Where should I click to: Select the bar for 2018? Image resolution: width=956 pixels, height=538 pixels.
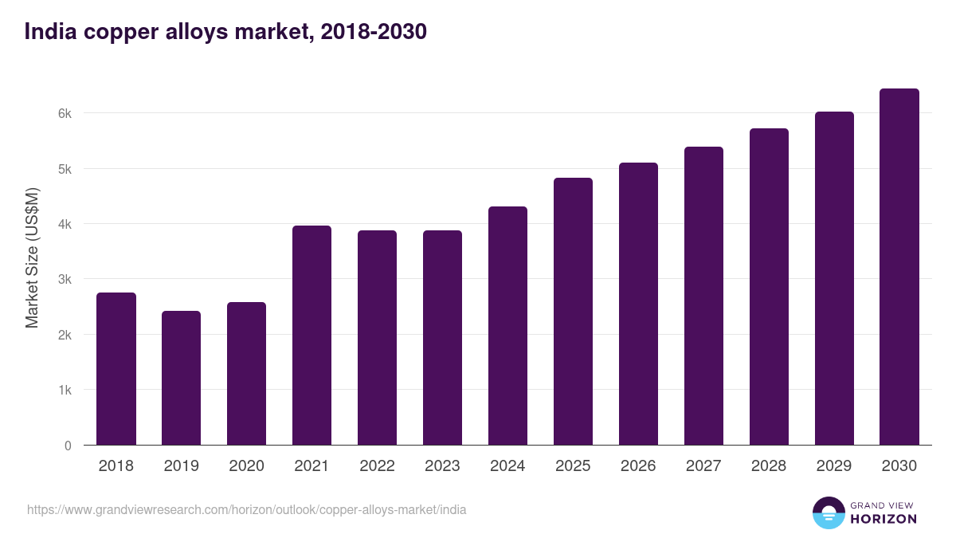tap(116, 369)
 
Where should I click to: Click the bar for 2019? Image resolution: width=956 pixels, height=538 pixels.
tap(182, 379)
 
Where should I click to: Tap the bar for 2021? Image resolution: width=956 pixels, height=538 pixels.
tap(312, 336)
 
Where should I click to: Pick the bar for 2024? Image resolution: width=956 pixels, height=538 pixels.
tap(508, 326)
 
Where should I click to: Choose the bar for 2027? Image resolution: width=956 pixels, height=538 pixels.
tap(703, 296)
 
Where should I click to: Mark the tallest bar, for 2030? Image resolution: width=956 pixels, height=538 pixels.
tap(899, 267)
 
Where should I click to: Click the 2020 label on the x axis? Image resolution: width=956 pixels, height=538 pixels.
tap(246, 465)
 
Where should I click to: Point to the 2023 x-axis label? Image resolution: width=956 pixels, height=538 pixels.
tap(442, 465)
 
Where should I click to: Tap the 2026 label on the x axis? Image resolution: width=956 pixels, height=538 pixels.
tap(638, 465)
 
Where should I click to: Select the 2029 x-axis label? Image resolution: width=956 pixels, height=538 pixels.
tap(834, 465)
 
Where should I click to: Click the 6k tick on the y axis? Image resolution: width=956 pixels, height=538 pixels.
tap(65, 113)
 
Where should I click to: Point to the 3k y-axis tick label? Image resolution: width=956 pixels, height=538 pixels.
tap(65, 279)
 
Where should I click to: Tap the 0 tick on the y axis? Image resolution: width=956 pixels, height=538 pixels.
tap(68, 446)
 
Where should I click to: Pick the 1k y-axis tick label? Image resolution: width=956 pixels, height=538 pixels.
tap(65, 390)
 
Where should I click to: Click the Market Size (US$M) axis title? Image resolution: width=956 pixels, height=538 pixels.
tap(32, 258)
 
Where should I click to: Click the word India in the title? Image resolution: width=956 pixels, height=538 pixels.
tap(50, 32)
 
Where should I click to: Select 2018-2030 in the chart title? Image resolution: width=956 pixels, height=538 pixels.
tap(374, 32)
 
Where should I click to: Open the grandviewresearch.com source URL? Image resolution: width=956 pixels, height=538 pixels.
tap(246, 510)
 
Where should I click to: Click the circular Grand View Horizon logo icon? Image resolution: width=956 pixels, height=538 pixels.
tap(829, 512)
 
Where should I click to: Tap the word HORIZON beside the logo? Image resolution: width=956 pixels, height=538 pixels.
tap(884, 519)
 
